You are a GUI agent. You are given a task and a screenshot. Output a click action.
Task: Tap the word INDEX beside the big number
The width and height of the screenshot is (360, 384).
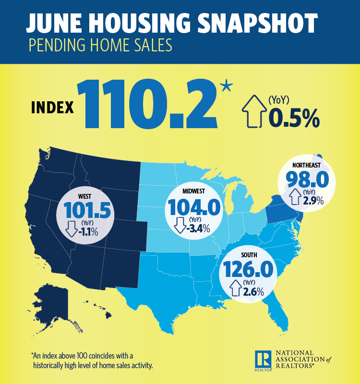click(x=53, y=107)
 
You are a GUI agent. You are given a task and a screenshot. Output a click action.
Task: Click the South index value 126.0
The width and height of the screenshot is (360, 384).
click(x=247, y=268)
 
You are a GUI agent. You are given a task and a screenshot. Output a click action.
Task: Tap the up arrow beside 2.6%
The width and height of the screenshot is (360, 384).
click(x=236, y=288)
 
